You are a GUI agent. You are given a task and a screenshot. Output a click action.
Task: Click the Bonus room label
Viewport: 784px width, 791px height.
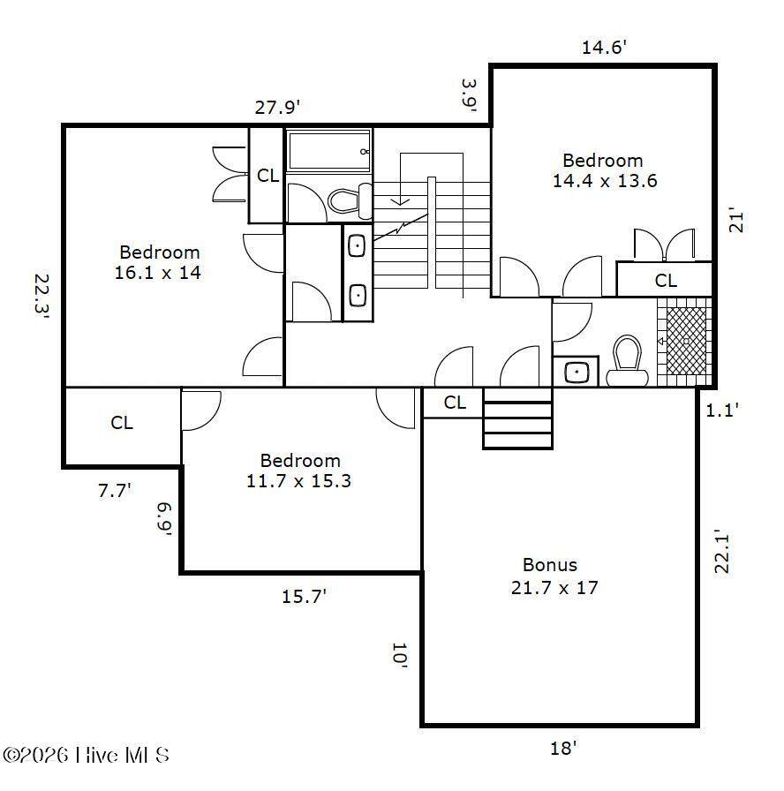click(x=550, y=565)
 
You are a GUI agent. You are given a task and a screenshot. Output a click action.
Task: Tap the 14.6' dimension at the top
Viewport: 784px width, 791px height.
click(x=604, y=48)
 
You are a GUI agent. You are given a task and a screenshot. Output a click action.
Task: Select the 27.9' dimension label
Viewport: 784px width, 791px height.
click(x=277, y=108)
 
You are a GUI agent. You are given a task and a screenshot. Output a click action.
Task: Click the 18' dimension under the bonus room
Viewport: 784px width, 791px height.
click(x=563, y=748)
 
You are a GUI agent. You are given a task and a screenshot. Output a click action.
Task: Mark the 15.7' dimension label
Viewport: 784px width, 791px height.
click(x=304, y=597)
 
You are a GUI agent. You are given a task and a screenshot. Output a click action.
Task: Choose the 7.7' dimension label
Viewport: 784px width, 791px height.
click(x=115, y=490)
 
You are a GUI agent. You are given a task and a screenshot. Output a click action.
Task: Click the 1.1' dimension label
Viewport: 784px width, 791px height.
click(x=722, y=411)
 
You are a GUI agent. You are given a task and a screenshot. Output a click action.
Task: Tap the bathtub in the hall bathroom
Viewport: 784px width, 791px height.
click(x=329, y=150)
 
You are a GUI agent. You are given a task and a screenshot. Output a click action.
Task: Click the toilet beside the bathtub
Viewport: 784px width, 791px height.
click(x=351, y=201)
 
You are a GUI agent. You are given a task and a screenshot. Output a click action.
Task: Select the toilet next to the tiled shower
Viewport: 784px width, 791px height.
click(x=627, y=360)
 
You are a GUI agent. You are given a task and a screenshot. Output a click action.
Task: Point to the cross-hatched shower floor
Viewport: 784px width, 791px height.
click(x=686, y=341)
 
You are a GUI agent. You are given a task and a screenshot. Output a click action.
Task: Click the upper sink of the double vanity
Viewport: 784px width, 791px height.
click(x=358, y=246)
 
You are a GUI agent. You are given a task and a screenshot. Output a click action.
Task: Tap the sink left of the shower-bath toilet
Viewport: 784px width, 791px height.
click(x=577, y=373)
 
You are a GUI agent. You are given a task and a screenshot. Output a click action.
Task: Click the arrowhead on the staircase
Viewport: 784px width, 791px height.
click(x=400, y=202)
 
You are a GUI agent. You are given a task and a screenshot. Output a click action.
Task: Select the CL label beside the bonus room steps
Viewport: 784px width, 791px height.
click(x=455, y=403)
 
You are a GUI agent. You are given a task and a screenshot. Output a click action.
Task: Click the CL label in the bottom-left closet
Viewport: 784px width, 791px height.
click(x=122, y=423)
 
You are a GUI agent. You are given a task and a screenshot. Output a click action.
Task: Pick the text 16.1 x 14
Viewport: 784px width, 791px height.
click(x=158, y=273)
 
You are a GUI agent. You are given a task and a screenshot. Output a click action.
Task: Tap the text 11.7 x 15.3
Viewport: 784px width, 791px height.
click(x=298, y=481)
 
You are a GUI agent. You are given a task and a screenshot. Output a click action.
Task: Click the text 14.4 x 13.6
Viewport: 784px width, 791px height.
click(x=605, y=181)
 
